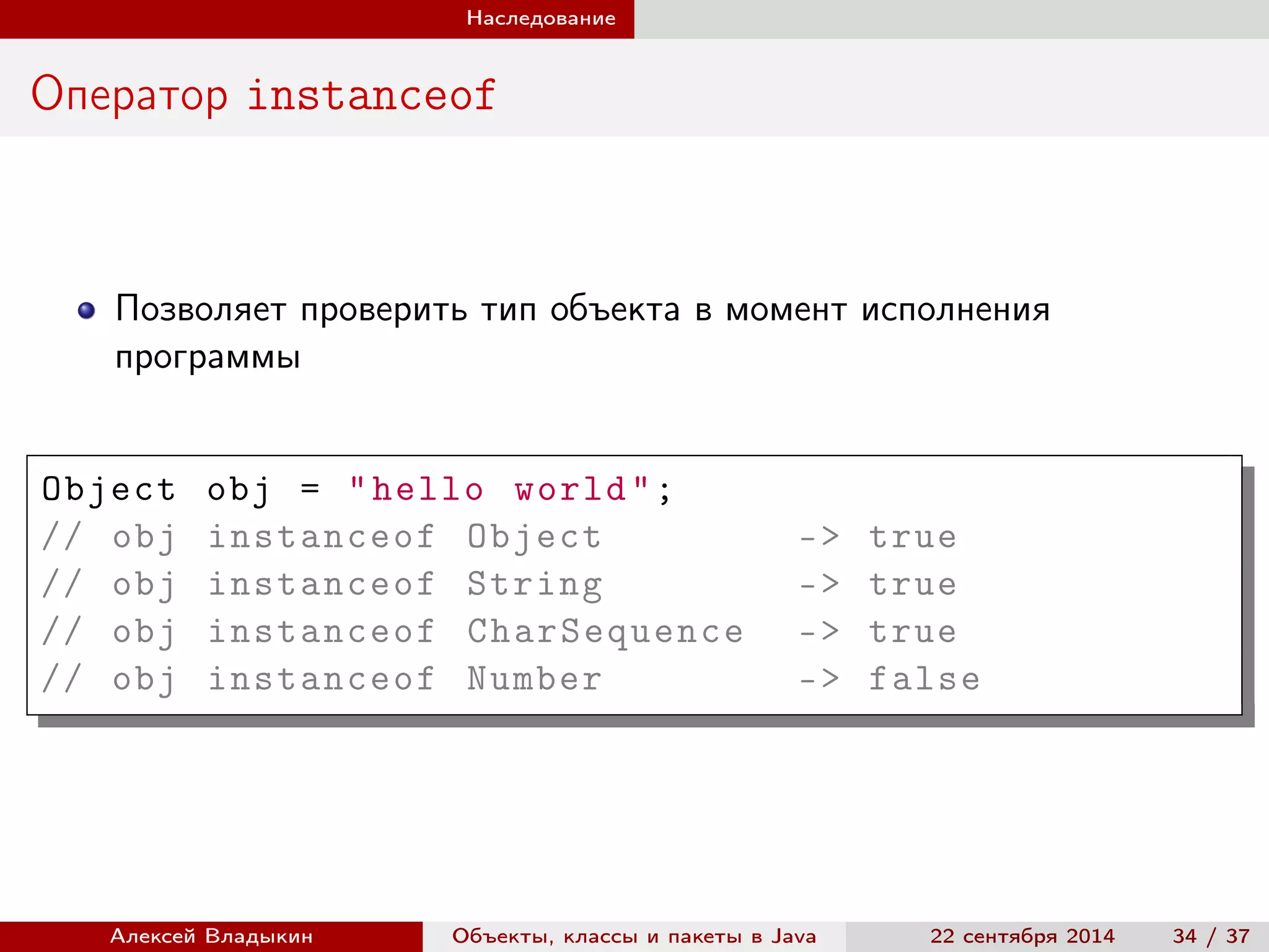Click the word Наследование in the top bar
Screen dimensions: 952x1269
[540, 18]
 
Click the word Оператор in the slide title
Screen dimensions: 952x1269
[129, 95]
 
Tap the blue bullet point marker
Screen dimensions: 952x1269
[86, 310]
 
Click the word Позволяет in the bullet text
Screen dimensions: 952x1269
[201, 309]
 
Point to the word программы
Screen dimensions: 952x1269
[208, 358]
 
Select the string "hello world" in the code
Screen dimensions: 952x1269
[499, 490]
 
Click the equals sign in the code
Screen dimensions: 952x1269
[310, 490]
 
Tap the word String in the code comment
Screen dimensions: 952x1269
[534, 584]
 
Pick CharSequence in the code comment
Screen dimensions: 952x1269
[605, 632]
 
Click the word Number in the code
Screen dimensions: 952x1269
[534, 679]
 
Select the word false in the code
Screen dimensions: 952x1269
[924, 679]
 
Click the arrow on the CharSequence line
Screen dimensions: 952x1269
[819, 632]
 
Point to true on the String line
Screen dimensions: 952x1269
[912, 584]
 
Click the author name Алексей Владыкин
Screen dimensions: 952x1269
[211, 936]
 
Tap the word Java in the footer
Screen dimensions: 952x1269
[793, 936]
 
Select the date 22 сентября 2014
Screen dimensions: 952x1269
[1022, 936]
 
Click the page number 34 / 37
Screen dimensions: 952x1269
[1211, 936]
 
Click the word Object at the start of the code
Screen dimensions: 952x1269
[109, 490]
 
